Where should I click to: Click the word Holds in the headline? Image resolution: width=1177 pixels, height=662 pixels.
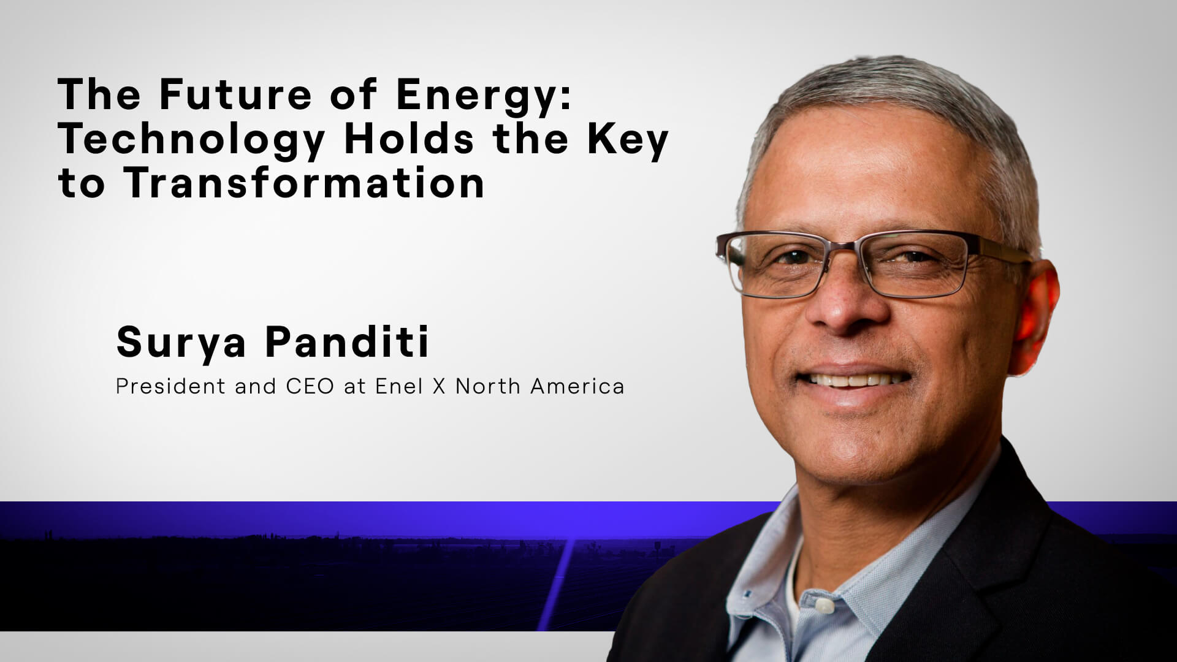point(409,139)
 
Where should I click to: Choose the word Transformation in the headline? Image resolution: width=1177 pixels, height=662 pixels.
point(305,183)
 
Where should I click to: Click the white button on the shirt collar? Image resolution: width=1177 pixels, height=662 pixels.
point(825,606)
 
